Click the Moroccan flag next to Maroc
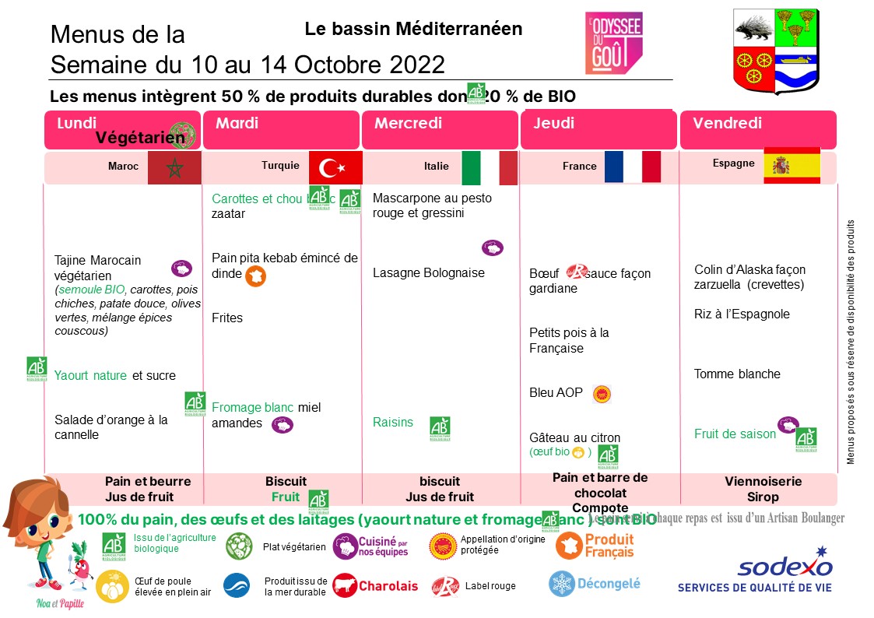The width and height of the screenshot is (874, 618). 174,167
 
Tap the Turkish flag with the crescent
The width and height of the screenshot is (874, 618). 335,167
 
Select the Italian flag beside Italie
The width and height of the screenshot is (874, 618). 490,168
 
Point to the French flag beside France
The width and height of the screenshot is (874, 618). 632,167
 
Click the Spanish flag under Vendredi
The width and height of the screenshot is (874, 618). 792,165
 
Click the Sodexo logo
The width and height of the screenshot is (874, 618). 784,567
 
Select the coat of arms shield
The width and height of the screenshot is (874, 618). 775,52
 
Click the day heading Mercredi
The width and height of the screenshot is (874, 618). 408,124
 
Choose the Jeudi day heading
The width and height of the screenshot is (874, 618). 554,124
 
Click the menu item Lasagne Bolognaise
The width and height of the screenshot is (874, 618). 428,273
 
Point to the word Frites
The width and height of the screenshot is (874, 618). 227,318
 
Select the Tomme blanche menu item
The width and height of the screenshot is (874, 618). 737,374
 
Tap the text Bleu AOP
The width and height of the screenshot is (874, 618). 556,392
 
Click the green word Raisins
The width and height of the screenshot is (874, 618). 393,422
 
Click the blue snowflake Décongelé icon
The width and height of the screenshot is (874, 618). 561,583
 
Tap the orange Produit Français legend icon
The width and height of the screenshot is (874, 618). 569,546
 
